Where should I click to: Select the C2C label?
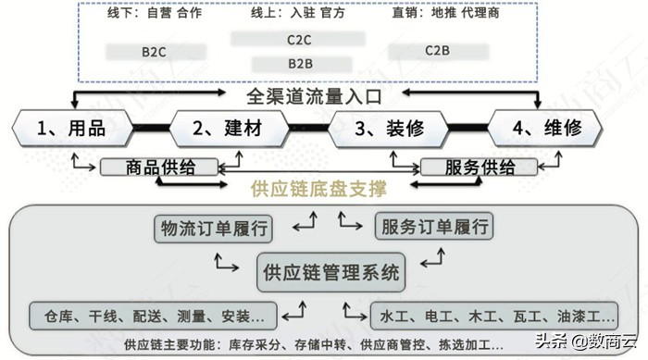pyautogui.click(x=299, y=40)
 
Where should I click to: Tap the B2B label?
pyautogui.click(x=299, y=64)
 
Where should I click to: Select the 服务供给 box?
pyautogui.click(x=480, y=168)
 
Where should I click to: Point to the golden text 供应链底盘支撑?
pyautogui.click(x=318, y=190)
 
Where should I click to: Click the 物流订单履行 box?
pyautogui.click(x=215, y=227)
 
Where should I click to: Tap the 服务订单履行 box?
pyautogui.click(x=433, y=227)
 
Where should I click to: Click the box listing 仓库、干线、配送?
pyautogui.click(x=154, y=316)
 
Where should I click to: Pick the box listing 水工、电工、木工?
pyautogui.click(x=492, y=316)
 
